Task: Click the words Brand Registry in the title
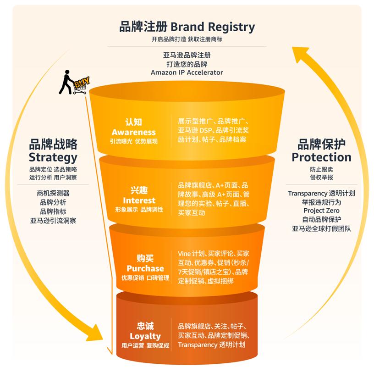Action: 212,27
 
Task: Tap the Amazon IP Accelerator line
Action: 187,72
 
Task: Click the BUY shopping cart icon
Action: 81,85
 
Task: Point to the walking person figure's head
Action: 67,72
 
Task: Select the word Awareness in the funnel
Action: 134,132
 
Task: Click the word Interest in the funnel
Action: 139,200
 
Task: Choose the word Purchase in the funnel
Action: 145,268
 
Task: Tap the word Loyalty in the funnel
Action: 145,336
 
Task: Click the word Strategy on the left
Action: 53,158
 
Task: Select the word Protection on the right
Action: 321,157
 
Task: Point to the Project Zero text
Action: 321,211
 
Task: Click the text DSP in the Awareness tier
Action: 205,130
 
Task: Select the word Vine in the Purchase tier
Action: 184,254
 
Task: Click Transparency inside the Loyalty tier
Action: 198,345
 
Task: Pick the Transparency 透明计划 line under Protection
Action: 321,193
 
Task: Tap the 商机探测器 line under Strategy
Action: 53,193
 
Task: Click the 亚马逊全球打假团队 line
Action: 321,228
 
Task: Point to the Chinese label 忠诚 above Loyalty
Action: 145,326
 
